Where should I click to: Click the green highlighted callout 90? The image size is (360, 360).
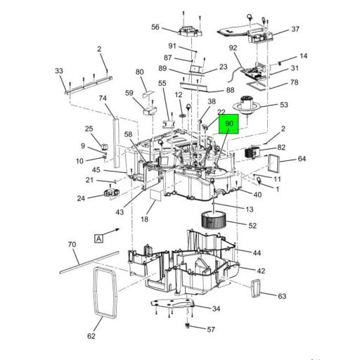(x=229, y=124)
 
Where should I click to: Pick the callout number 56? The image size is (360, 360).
(x=155, y=27)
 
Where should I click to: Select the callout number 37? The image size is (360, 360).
(x=295, y=29)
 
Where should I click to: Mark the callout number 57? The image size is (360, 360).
(x=211, y=329)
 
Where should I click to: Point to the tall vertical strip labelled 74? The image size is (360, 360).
(x=110, y=141)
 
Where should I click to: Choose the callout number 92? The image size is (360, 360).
(x=233, y=48)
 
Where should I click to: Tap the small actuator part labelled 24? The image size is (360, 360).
(x=111, y=193)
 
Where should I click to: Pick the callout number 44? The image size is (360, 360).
(x=257, y=252)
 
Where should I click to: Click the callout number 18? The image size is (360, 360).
(x=143, y=220)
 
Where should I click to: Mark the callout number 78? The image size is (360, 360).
(x=294, y=82)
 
